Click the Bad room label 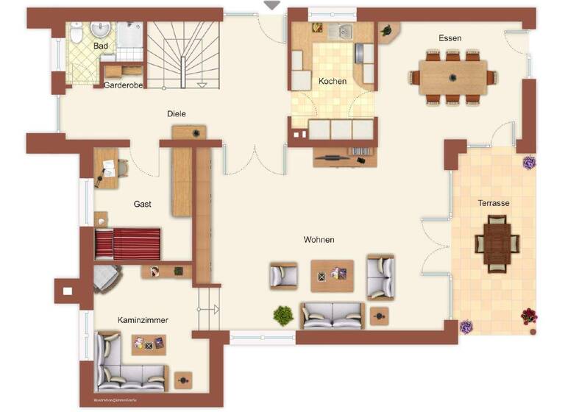click(x=102, y=46)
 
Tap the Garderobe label click(x=122, y=85)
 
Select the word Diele click(x=176, y=114)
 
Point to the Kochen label click(x=333, y=81)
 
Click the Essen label click(x=449, y=38)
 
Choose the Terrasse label click(x=493, y=203)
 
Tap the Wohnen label click(x=319, y=240)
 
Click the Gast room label click(x=142, y=204)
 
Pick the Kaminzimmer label click(x=143, y=321)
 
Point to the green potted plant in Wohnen click(x=283, y=316)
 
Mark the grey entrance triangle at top click(x=272, y=5)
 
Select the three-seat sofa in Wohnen click(x=332, y=315)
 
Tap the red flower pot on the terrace click(x=528, y=317)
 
